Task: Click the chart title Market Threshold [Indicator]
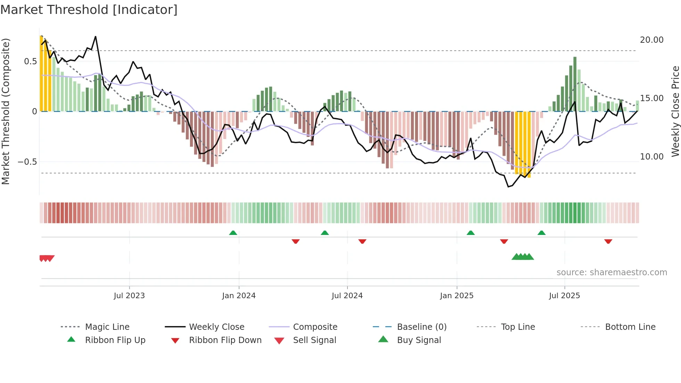(x=89, y=10)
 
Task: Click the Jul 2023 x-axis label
(x=129, y=296)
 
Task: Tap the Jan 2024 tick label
(x=239, y=296)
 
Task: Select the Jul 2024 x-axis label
(x=347, y=296)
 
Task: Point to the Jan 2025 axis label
(x=457, y=296)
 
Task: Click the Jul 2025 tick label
(x=565, y=296)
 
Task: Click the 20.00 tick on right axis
(x=651, y=40)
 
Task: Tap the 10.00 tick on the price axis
(x=651, y=157)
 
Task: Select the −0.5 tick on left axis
(x=27, y=162)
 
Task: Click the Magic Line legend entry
(x=107, y=327)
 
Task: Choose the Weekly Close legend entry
(x=216, y=327)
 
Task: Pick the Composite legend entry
(x=315, y=327)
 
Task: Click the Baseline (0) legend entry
(x=421, y=327)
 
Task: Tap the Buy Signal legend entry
(x=419, y=340)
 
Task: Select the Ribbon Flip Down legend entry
(x=225, y=340)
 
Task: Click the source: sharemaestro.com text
(x=612, y=272)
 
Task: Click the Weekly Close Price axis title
(x=675, y=111)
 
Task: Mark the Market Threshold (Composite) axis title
(x=6, y=111)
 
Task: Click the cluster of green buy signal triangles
(x=523, y=257)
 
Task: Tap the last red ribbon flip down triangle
(x=608, y=241)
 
